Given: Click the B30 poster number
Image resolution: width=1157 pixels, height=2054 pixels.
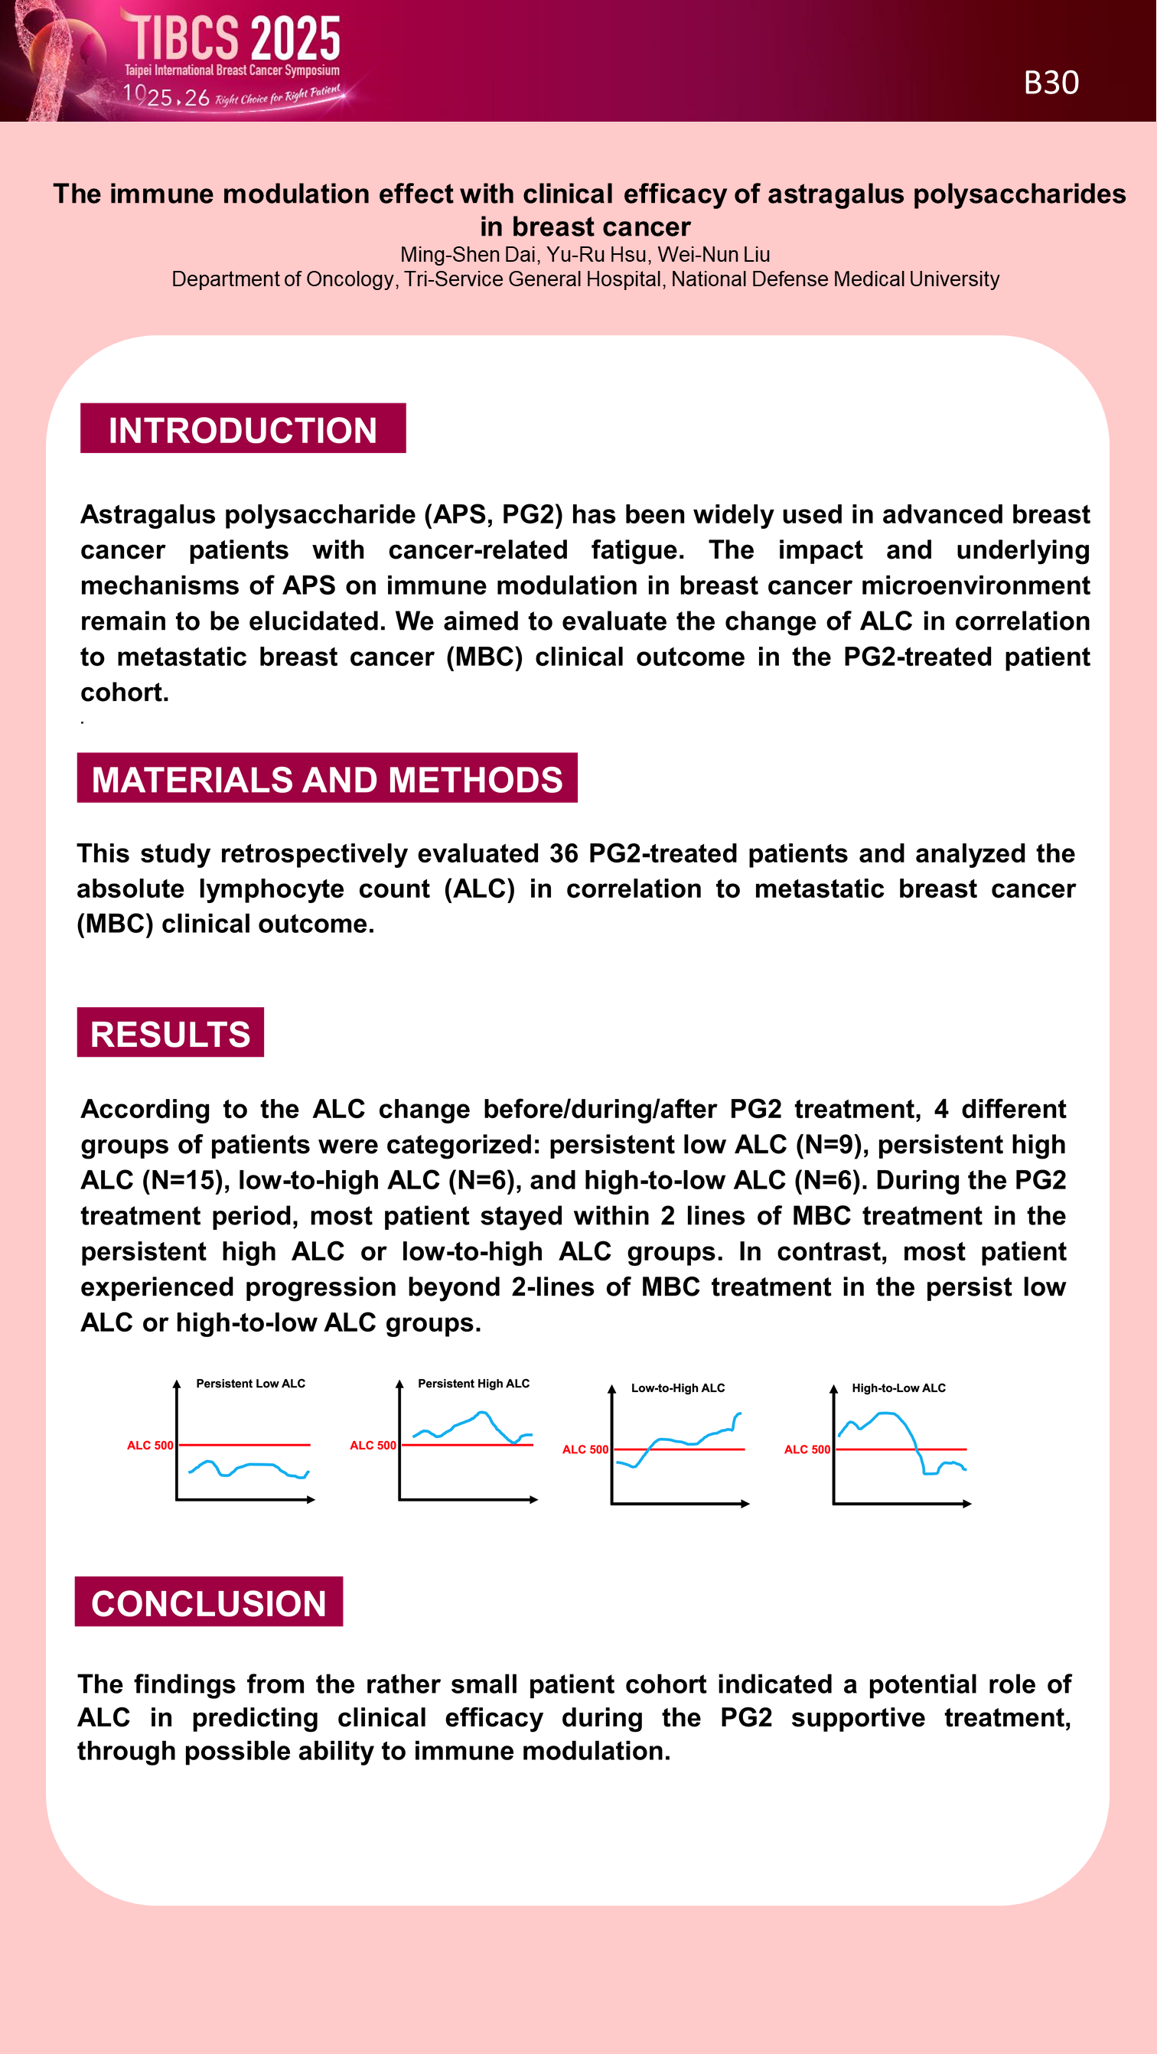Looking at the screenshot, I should (1051, 83).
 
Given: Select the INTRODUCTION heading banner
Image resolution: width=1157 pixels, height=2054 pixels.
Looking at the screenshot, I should (243, 429).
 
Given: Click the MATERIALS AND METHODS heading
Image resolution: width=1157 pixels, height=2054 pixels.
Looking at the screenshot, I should (327, 778).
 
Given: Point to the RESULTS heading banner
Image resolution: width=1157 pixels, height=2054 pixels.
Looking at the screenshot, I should (170, 1032).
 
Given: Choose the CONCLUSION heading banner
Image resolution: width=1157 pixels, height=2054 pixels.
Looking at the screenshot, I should (208, 1602).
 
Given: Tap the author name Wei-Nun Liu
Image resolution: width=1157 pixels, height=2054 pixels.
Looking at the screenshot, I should (714, 254).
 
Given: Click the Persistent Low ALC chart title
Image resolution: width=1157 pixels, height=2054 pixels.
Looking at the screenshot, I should (250, 1384).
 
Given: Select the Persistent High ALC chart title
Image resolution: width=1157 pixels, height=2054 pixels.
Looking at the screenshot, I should (474, 1384).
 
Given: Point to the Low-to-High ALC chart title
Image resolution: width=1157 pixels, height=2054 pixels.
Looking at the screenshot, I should (678, 1388).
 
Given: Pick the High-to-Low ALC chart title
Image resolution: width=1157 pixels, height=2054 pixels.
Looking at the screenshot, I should (898, 1388).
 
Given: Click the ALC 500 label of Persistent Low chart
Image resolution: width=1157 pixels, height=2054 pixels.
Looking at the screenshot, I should (150, 1446).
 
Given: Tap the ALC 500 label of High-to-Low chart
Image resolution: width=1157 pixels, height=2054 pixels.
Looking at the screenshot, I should (807, 1449).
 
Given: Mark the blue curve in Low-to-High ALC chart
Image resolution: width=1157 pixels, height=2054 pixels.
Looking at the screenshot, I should (678, 1441).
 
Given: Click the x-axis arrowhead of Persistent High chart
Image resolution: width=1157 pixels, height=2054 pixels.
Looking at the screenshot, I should (534, 1500).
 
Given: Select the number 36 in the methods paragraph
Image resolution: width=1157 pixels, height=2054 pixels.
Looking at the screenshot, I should (563, 853).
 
